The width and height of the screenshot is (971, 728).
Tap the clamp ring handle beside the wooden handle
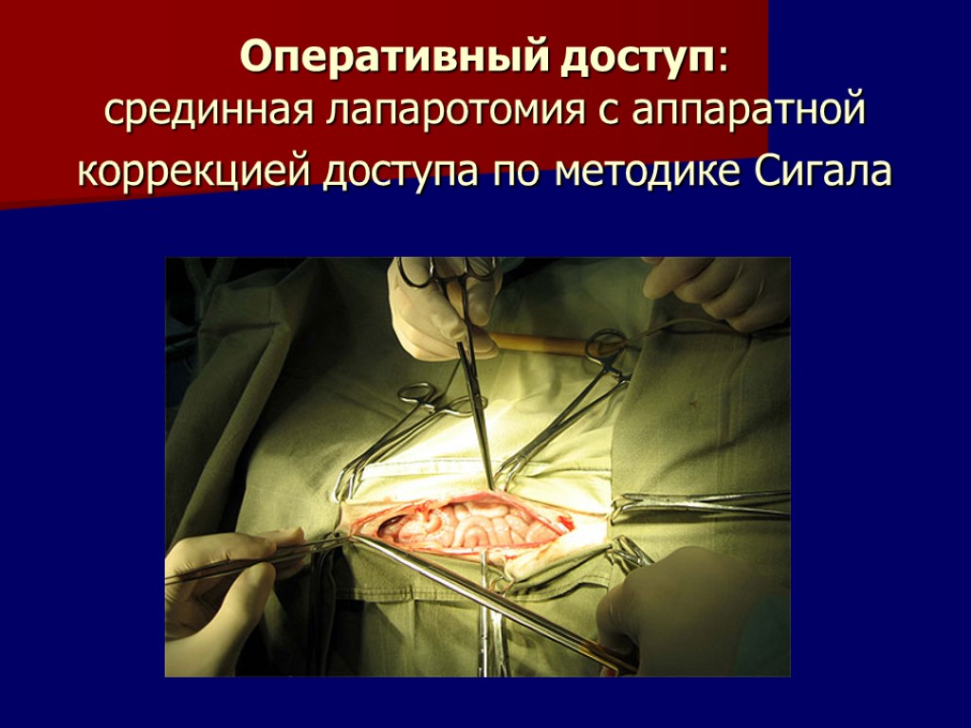pos(607,343)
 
